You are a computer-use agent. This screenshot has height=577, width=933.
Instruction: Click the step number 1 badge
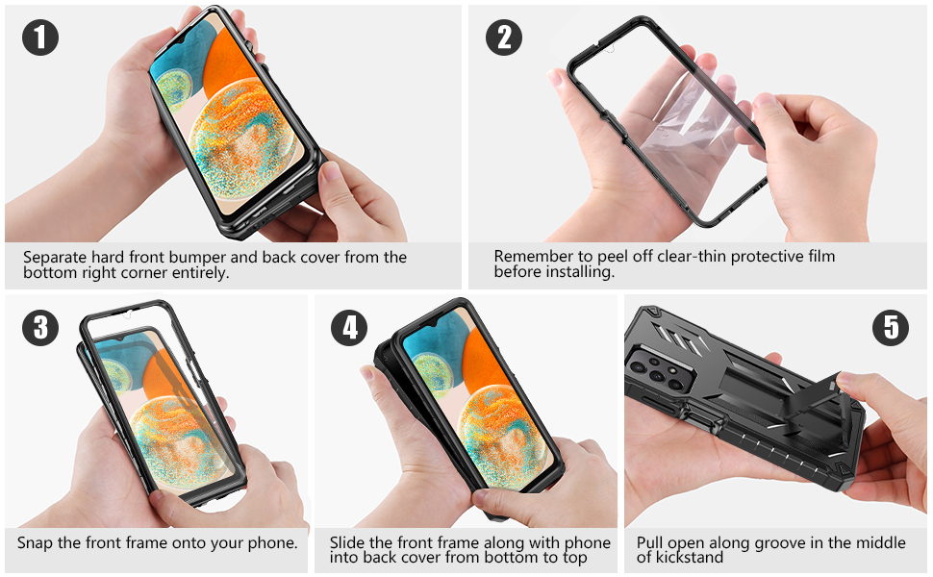[x=39, y=38]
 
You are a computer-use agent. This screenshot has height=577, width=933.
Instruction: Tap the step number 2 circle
[x=504, y=38]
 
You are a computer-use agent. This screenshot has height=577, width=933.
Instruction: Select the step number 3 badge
[x=39, y=327]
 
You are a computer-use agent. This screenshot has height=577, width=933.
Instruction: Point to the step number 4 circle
[x=349, y=327]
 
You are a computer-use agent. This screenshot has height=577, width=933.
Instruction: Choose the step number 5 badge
[x=891, y=327]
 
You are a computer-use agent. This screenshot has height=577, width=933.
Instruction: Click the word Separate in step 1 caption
[x=56, y=258]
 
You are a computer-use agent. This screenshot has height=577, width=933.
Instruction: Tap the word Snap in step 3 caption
[x=36, y=543]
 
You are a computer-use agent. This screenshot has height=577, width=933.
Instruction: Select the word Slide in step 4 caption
[x=348, y=543]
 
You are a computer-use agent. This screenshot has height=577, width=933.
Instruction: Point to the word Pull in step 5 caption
[x=651, y=543]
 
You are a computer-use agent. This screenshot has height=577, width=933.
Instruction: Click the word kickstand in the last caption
[x=690, y=558]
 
